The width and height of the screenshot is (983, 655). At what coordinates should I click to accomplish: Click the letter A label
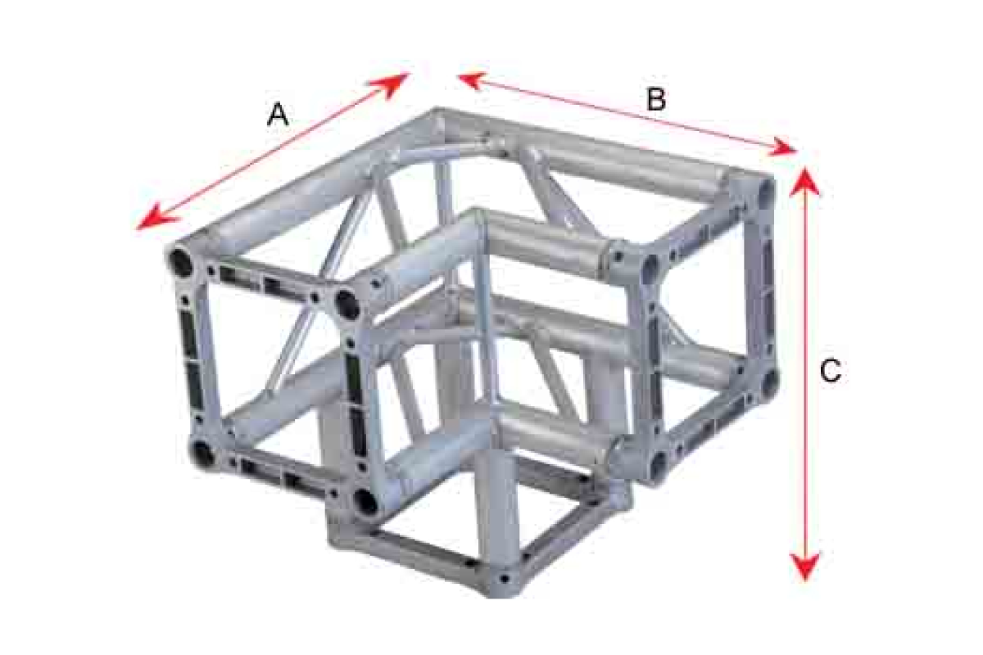(x=278, y=115)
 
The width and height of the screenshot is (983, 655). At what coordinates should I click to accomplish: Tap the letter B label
(x=656, y=99)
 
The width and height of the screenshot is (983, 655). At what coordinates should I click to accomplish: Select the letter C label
(x=831, y=371)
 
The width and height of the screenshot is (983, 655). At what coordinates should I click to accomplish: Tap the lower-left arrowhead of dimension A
(x=156, y=218)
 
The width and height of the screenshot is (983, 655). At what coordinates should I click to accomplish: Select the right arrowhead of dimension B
(x=781, y=147)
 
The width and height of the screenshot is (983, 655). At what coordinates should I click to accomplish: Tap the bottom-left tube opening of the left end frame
(x=203, y=452)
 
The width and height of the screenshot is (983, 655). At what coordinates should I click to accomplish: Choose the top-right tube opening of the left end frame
(x=347, y=302)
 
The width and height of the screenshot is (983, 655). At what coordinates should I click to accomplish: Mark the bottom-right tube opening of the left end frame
(x=366, y=501)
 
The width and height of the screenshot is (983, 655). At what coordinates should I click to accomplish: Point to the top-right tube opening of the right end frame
(x=766, y=190)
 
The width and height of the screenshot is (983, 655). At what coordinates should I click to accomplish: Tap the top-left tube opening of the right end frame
(x=650, y=267)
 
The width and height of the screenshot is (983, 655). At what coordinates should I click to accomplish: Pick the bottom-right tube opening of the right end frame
(x=769, y=383)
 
